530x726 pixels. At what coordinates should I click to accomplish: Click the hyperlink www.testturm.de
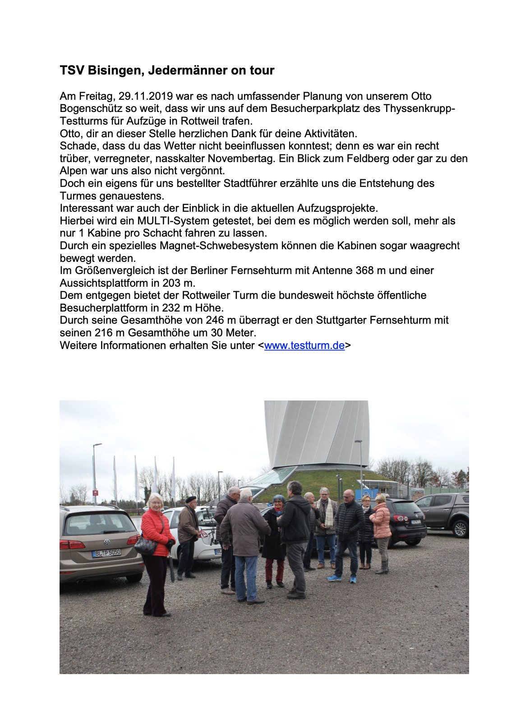click(304, 345)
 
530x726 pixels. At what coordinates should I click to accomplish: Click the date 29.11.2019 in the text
click(146, 96)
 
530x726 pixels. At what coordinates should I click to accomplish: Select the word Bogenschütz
click(89, 109)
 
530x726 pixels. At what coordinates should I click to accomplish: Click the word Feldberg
click(368, 158)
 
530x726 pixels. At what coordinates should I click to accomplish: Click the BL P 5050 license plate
click(106, 553)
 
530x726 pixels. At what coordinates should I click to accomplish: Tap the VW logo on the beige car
click(107, 542)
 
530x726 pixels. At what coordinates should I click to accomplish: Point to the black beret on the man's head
click(191, 499)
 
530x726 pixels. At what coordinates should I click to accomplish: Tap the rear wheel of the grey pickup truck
click(460, 529)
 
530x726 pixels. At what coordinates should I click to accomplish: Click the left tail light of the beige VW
click(72, 544)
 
